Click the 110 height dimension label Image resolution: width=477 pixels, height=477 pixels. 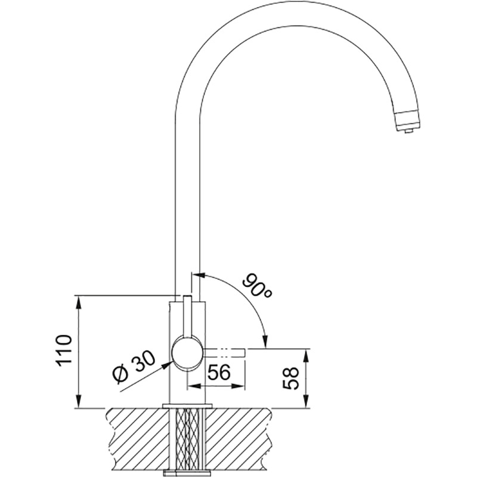(64, 351)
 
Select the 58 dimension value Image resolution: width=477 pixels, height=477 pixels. (290, 379)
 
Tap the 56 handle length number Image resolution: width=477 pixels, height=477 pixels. (219, 371)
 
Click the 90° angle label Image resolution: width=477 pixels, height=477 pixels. (257, 286)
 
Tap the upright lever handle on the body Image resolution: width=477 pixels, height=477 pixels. (187, 317)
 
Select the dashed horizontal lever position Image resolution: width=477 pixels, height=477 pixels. (224, 352)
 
